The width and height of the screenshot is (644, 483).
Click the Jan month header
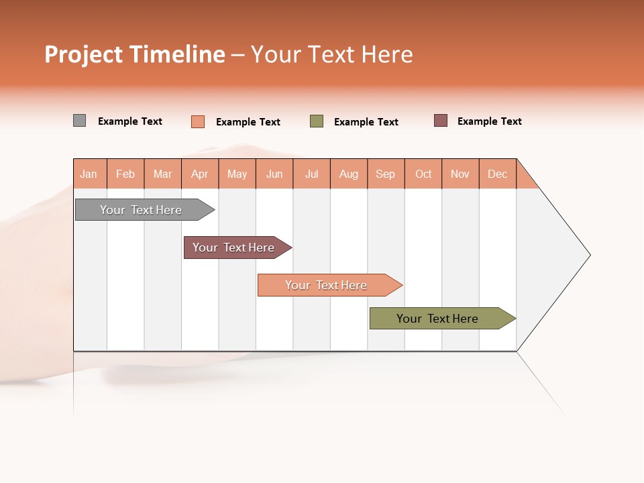coord(89,174)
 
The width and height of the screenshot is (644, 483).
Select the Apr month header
coord(200,174)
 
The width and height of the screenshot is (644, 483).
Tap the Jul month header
coord(311,174)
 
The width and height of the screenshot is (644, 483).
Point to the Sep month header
coord(386,174)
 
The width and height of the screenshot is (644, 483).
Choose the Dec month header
coord(497,174)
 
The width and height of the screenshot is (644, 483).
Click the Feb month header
coord(125,174)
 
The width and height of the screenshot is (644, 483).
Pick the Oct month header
coord(423,174)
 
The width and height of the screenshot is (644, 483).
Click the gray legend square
coord(79,121)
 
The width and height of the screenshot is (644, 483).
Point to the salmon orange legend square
coord(197,121)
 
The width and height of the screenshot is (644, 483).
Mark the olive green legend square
coord(317,121)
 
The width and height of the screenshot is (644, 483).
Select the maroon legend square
coord(440,121)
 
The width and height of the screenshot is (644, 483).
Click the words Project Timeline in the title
coord(135,54)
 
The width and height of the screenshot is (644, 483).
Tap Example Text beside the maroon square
coord(489,121)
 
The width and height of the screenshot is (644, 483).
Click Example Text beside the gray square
coord(129,121)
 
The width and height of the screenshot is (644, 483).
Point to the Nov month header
coord(460,174)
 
